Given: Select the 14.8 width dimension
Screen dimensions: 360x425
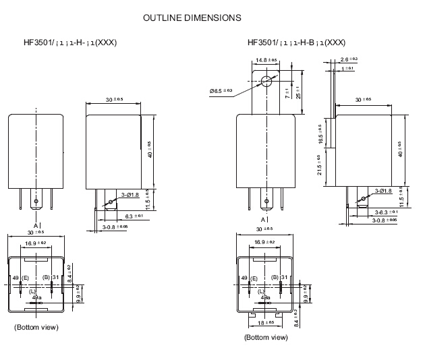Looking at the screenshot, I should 266,60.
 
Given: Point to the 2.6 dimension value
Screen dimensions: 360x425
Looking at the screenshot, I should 349,59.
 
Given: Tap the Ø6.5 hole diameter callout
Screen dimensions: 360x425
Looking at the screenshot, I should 221,90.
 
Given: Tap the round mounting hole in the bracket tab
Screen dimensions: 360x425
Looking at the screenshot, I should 266,82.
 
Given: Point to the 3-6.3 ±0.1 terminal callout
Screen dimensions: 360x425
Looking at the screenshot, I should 387,212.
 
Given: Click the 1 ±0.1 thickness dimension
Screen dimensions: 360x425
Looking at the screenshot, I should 348,69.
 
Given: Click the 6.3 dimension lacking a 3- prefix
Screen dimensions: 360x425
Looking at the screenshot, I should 134,216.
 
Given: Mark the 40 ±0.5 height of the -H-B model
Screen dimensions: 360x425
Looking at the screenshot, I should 401,150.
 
